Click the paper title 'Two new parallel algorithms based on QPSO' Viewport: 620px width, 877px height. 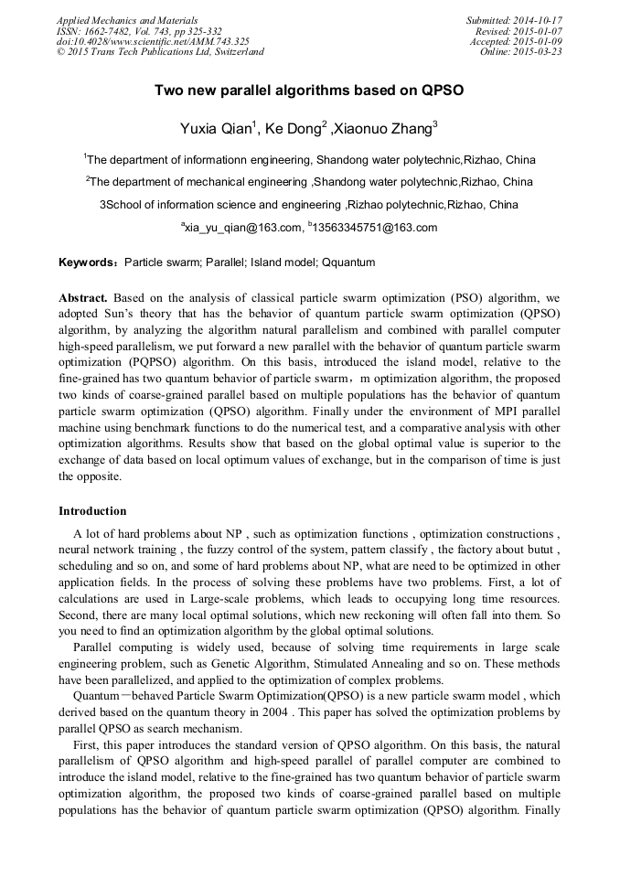tap(309, 91)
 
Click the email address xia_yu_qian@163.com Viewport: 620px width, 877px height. tap(243, 228)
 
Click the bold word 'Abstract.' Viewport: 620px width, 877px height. tap(83, 298)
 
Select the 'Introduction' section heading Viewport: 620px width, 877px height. tap(92, 510)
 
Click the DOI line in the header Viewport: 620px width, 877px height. tap(153, 41)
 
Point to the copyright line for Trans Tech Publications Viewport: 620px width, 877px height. tap(160, 52)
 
